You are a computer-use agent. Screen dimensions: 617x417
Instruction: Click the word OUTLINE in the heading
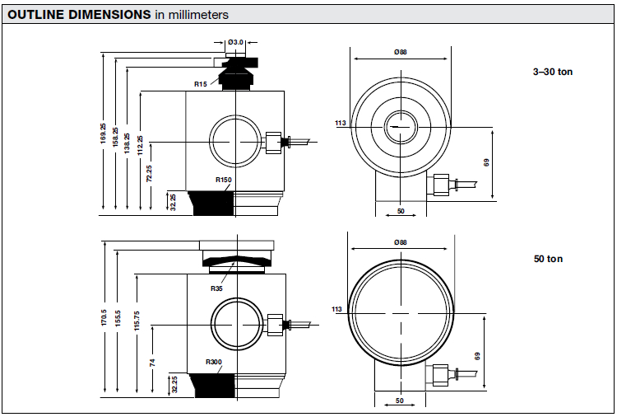36,15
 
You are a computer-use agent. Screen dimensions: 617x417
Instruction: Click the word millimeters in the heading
198,15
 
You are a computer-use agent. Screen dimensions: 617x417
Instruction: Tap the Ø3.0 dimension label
236,42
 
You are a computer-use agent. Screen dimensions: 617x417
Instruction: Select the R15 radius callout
200,84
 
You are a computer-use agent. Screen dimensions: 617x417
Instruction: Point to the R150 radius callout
224,180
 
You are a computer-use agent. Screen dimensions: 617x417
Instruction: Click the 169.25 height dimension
103,134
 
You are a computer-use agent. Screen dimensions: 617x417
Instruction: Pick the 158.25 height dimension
115,137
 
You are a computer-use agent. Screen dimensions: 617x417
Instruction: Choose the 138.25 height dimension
127,143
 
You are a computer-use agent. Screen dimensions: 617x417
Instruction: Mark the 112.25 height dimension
140,145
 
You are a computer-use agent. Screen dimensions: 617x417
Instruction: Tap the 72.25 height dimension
149,173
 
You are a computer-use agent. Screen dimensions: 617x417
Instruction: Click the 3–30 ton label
553,72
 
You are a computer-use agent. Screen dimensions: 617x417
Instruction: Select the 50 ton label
548,259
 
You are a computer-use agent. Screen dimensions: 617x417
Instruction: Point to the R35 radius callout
216,288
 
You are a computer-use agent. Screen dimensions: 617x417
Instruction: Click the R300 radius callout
214,362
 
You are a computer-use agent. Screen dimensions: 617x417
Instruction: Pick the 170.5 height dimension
104,317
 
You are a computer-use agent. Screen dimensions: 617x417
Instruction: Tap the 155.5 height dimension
118,318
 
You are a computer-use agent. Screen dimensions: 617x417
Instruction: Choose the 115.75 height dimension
137,321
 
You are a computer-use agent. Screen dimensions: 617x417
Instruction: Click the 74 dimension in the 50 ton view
152,363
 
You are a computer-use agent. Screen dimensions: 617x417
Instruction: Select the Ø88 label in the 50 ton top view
401,242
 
